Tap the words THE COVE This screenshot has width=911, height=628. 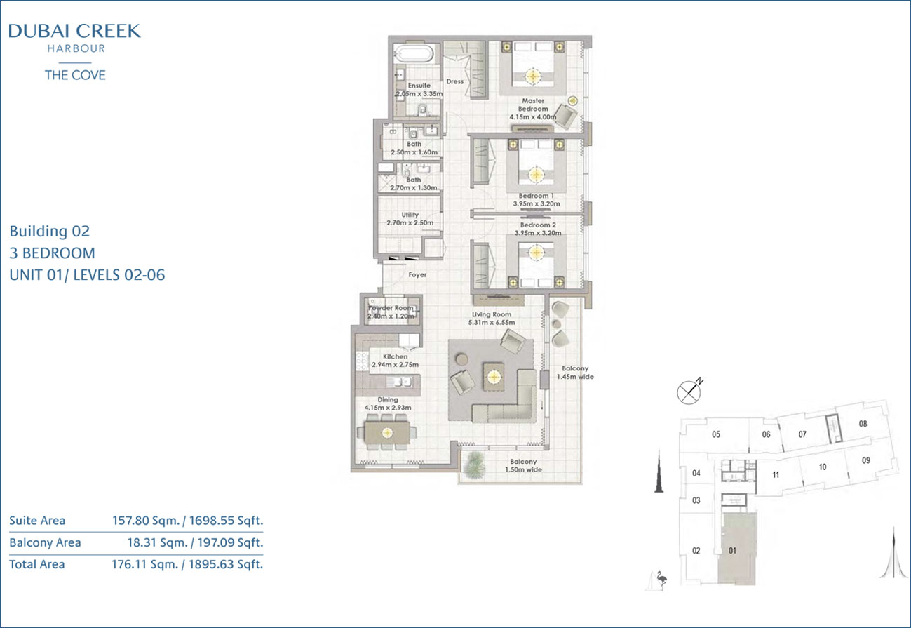click(x=75, y=75)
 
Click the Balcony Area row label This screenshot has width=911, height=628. click(x=45, y=542)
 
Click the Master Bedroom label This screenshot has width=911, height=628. click(x=533, y=105)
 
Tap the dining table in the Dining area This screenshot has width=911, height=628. click(x=387, y=433)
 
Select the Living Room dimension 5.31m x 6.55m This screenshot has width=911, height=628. click(x=492, y=322)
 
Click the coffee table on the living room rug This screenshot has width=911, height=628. click(x=494, y=377)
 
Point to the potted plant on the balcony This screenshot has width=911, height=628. click(x=473, y=465)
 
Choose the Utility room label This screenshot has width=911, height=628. click(x=410, y=215)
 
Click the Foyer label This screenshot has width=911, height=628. click(x=417, y=275)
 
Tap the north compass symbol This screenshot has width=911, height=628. click(x=689, y=392)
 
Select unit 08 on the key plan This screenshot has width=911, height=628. click(x=863, y=424)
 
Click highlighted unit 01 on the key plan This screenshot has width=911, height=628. click(x=736, y=549)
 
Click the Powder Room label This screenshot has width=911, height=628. click(x=391, y=308)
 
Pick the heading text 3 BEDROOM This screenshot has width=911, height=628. click(x=52, y=253)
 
